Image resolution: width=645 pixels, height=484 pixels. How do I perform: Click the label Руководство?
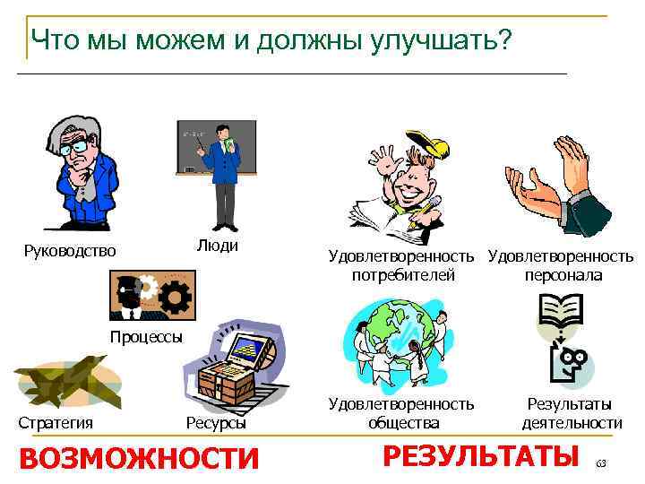click(70, 251)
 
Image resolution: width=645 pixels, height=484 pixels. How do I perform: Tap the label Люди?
click(217, 245)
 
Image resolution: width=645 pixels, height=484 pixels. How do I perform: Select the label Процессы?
click(146, 337)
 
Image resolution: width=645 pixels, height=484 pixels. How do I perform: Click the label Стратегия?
click(56, 422)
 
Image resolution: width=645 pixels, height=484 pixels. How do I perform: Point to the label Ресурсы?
click(216, 422)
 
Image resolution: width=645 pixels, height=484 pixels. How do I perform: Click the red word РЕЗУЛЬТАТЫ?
click(479, 455)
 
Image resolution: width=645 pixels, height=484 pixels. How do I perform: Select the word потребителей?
click(403, 275)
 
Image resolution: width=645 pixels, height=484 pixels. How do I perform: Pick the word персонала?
click(563, 275)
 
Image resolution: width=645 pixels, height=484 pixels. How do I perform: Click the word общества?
click(403, 422)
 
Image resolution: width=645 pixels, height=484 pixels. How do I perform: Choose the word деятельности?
click(572, 422)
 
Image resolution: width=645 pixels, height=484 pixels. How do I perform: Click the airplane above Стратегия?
click(67, 380)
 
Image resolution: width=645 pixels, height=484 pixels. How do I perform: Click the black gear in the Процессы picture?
click(177, 296)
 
